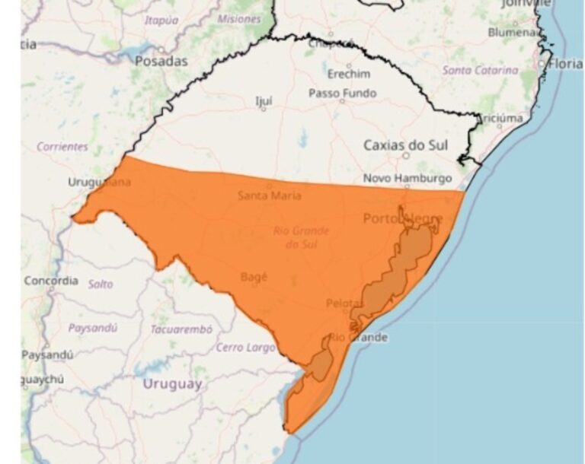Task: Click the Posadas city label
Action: [161, 61]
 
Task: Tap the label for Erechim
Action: [349, 74]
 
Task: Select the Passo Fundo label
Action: [342, 93]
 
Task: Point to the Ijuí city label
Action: [264, 100]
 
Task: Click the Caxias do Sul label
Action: [405, 145]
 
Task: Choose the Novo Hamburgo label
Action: [407, 178]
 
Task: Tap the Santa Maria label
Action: [269, 195]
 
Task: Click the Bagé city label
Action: [254, 278]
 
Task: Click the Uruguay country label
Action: [172, 384]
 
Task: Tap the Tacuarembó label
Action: [181, 329]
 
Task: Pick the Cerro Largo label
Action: [245, 348]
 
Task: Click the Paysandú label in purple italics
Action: [93, 329]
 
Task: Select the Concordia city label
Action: [51, 281]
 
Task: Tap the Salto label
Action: [101, 284]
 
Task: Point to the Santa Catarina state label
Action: [480, 70]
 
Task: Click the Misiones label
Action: [238, 19]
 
